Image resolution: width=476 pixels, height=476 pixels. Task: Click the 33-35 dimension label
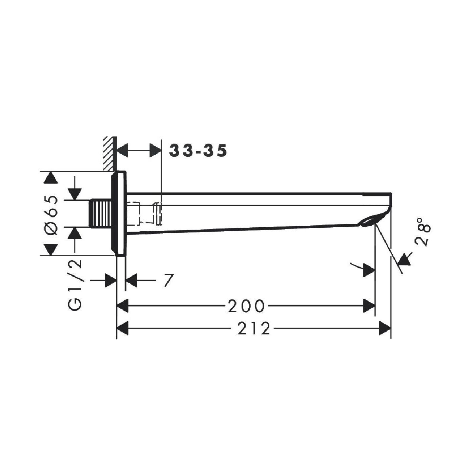point(198,151)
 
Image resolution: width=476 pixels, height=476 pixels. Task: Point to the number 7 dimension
point(168,280)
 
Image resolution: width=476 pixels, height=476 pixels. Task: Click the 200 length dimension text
point(246,306)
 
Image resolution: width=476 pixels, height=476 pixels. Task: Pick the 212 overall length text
point(254,329)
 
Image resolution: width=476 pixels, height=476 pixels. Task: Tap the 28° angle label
point(423,232)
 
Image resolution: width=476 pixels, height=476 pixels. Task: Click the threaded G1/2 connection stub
point(100,213)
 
